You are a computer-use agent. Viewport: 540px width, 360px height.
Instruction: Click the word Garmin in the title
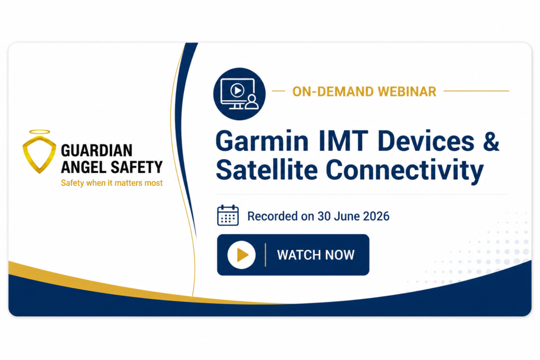coord(262,141)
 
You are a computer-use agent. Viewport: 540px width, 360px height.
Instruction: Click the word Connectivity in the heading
coord(404,171)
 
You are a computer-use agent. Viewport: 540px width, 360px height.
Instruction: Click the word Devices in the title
coord(426,141)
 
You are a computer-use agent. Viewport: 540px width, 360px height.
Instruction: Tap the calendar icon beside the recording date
coord(228,215)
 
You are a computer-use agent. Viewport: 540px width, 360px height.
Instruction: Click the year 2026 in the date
coord(376,216)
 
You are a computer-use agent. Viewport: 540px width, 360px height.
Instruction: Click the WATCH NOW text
coord(316,255)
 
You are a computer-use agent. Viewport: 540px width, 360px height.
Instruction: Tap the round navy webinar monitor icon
coord(239,94)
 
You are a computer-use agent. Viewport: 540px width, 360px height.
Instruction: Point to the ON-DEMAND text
coord(333,92)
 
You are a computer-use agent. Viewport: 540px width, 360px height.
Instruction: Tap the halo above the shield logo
coord(39,131)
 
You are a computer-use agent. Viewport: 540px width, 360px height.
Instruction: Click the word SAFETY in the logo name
coord(137,167)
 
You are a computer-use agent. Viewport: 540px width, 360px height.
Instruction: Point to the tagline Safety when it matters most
coord(112,183)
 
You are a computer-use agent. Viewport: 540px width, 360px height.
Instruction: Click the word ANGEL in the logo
coord(84,167)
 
